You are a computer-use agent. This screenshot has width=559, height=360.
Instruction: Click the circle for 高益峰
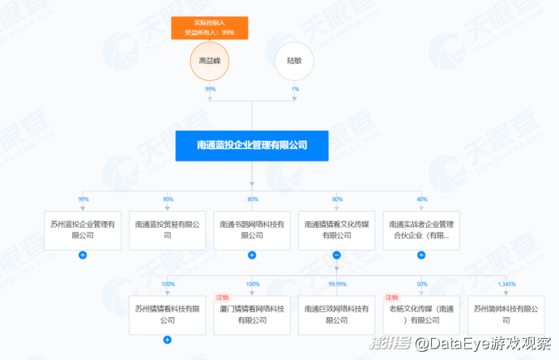coord(210,60)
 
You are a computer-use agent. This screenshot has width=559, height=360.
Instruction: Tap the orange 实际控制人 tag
coord(210,27)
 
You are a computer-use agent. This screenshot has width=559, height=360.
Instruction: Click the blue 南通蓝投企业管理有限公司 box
coord(252,146)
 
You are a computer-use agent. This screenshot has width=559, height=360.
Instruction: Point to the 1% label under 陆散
coord(295,88)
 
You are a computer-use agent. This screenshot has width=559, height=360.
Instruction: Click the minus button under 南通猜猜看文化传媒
coord(336,255)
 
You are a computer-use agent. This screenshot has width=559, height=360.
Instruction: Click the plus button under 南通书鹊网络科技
coord(252,255)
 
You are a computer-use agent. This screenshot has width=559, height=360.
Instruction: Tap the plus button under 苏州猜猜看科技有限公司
coord(168,340)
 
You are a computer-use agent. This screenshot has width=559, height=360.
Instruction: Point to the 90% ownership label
coord(168,199)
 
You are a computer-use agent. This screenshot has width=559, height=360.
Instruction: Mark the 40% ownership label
coord(421,199)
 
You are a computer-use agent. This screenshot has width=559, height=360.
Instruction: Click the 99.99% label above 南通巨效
coord(337,284)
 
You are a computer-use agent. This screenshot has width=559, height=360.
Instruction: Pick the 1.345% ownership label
coord(506,284)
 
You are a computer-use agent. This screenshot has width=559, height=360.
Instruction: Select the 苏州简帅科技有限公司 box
coord(505,314)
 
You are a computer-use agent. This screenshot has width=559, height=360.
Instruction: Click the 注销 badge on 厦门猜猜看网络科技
coord(222,298)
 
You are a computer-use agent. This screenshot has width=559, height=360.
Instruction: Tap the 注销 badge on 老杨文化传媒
coord(390,298)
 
